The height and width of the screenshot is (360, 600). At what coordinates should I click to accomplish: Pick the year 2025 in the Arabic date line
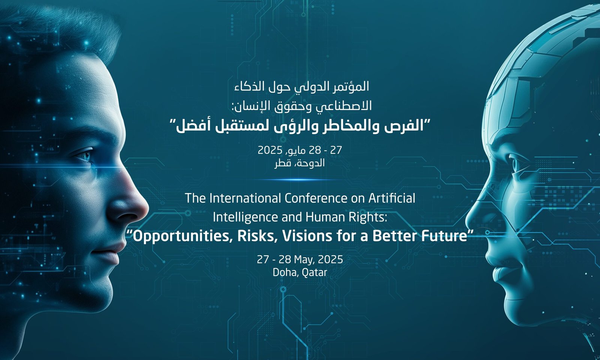pos(270,150)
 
